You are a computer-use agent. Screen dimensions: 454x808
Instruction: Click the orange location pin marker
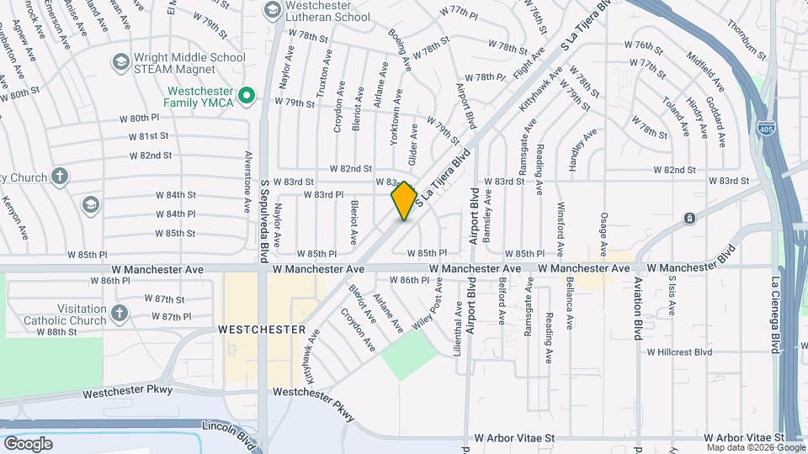point(405,200)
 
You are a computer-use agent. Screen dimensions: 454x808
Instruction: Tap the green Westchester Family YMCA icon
point(247,96)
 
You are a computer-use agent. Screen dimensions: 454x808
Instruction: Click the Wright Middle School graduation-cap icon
point(120,62)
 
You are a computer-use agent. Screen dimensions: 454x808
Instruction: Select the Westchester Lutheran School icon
point(272,10)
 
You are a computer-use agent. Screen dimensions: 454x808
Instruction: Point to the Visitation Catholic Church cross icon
point(120,314)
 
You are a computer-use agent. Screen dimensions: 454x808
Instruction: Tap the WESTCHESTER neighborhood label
point(262,330)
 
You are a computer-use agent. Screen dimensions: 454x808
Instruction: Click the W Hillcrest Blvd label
point(679,352)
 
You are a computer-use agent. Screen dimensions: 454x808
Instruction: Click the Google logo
point(28,443)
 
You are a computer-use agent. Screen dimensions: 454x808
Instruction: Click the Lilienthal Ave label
point(459,328)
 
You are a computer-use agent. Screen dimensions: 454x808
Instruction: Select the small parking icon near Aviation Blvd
point(689,219)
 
